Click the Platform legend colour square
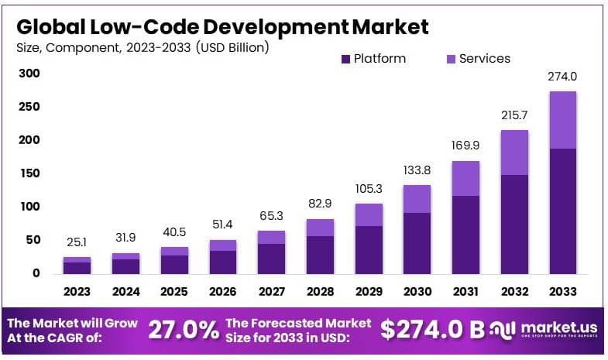[345, 59]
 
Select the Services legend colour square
[451, 59]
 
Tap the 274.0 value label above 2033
[562, 77]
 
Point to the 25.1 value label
[77, 244]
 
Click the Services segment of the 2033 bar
[562, 120]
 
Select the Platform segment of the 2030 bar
[417, 243]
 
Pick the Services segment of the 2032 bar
[514, 153]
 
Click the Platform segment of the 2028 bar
[320, 255]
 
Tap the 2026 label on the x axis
[223, 292]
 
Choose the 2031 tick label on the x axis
[465, 292]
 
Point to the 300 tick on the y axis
[29, 74]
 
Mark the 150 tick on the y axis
[29, 173]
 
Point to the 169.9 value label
[465, 146]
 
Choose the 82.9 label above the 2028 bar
[320, 204]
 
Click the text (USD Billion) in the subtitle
[232, 48]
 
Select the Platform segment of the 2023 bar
[77, 268]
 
